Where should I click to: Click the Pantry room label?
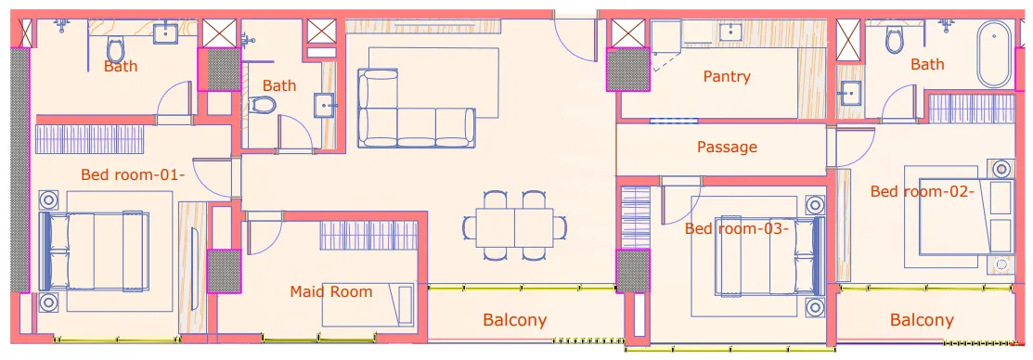[726, 76]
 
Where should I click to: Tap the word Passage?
[727, 147]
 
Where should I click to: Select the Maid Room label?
[331, 292]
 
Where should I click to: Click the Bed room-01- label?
[133, 174]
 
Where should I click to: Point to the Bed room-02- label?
[922, 192]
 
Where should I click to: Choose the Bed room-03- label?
[737, 228]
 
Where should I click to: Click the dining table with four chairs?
[514, 225]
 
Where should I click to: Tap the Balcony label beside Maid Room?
[514, 320]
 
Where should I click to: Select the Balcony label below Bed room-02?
[922, 320]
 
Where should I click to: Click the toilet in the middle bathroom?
[265, 105]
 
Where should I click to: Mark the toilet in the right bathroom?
[895, 40]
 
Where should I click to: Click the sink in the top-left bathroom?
[166, 32]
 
